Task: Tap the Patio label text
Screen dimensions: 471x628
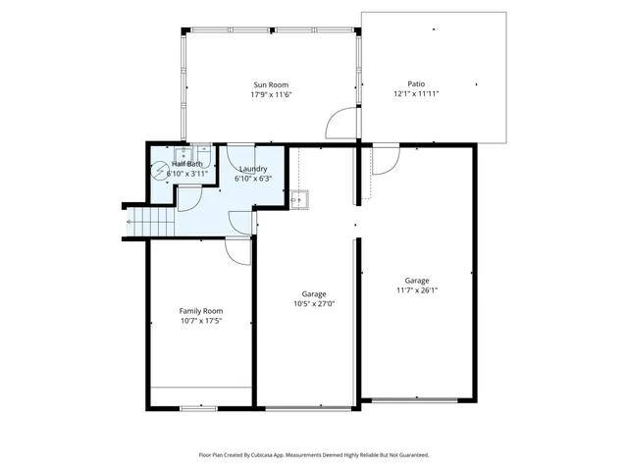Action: click(416, 84)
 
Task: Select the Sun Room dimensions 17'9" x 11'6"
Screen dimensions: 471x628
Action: click(272, 94)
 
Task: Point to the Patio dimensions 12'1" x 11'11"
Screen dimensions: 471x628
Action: click(416, 94)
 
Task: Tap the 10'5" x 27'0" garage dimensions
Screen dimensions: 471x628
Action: click(314, 303)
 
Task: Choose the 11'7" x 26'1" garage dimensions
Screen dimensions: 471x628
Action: click(416, 289)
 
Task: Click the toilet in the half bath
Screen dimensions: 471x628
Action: click(160, 169)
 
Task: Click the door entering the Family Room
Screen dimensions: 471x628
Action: click(236, 252)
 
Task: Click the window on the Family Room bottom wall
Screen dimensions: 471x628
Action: click(198, 406)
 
